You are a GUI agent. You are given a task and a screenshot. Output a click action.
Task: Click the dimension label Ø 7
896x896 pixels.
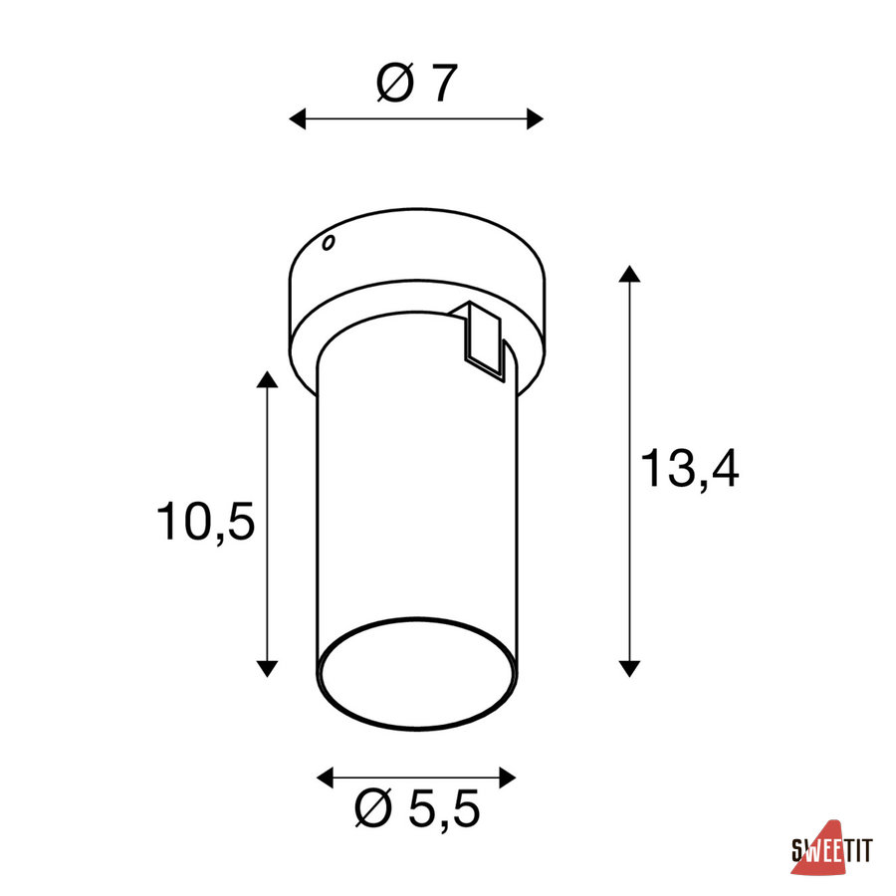click(x=417, y=84)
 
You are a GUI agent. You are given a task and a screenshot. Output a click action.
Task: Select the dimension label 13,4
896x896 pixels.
click(x=689, y=469)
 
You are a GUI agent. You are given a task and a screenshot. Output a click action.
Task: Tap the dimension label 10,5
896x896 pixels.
click(x=205, y=521)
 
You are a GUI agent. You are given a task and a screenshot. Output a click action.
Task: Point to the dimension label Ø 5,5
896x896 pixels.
click(x=416, y=808)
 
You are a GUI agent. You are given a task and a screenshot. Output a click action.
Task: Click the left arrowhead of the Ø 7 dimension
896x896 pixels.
click(x=297, y=118)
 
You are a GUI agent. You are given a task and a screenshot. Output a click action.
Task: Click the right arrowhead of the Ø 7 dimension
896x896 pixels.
click(x=535, y=118)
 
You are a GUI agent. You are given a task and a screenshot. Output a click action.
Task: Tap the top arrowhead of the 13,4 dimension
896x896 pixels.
click(x=629, y=274)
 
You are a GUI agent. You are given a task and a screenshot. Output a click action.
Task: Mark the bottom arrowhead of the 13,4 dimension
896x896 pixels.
click(x=629, y=669)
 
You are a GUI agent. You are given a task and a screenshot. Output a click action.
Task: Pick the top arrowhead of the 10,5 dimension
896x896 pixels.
click(x=267, y=379)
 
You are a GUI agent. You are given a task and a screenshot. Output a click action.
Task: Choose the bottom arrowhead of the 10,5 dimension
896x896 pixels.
click(x=267, y=669)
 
